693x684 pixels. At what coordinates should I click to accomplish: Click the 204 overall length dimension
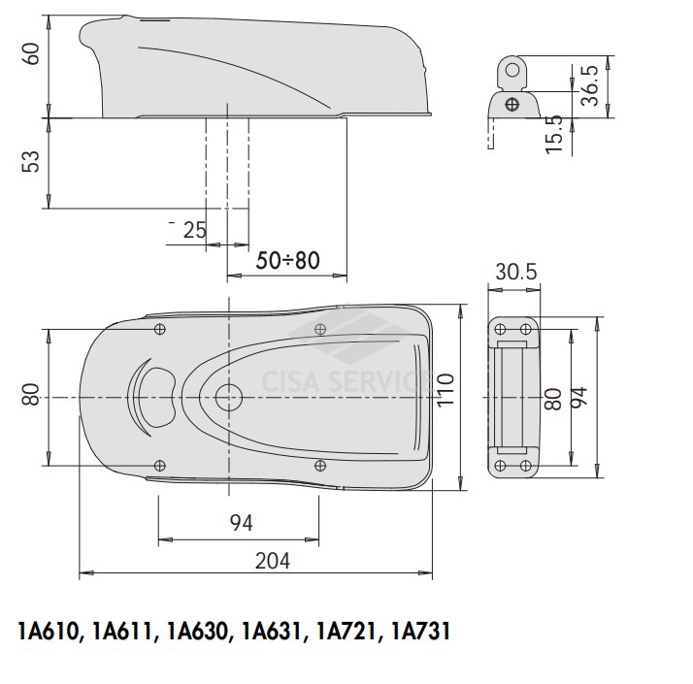pos(272,561)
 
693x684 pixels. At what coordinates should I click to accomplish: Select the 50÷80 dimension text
pos(287,260)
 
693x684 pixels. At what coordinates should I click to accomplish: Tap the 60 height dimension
pos(32,54)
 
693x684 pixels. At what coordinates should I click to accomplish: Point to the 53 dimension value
pos(31,161)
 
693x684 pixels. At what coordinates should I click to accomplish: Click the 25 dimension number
pos(194,230)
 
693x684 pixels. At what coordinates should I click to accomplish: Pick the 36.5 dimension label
pos(589,85)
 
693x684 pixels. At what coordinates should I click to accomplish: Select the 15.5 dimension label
pos(554,134)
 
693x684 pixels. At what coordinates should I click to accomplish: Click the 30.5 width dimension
pos(515,272)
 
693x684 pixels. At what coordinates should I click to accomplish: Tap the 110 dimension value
pos(445,390)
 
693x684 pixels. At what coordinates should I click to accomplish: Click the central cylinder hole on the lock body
pos(229,397)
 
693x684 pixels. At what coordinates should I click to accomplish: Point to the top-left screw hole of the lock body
pos(160,329)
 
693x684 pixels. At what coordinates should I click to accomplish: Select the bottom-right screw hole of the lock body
pos(320,466)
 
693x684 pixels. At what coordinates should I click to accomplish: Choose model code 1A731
pos(420,631)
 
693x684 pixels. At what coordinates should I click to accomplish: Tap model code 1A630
pos(198,631)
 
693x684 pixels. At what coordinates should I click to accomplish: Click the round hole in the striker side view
pos(512,70)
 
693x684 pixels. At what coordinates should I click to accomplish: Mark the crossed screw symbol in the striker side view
pos(512,105)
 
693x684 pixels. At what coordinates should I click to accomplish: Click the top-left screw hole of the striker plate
pos(500,329)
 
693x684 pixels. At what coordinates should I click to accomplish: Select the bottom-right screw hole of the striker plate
pos(525,466)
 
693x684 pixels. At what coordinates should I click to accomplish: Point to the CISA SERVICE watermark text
pos(345,381)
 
